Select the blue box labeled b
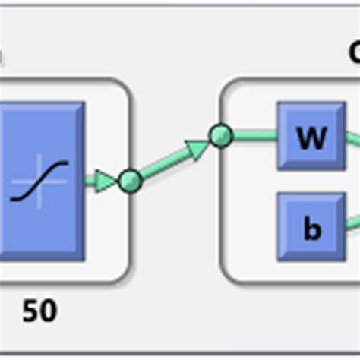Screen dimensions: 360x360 (x=311, y=226)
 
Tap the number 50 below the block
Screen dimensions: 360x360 (x=39, y=311)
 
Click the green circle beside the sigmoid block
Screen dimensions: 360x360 (x=130, y=181)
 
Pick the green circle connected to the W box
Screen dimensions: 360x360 (x=220, y=137)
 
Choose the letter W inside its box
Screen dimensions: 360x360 (x=311, y=138)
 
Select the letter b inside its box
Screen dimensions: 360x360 (x=311, y=228)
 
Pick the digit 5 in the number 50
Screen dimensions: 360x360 (x=29, y=311)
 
